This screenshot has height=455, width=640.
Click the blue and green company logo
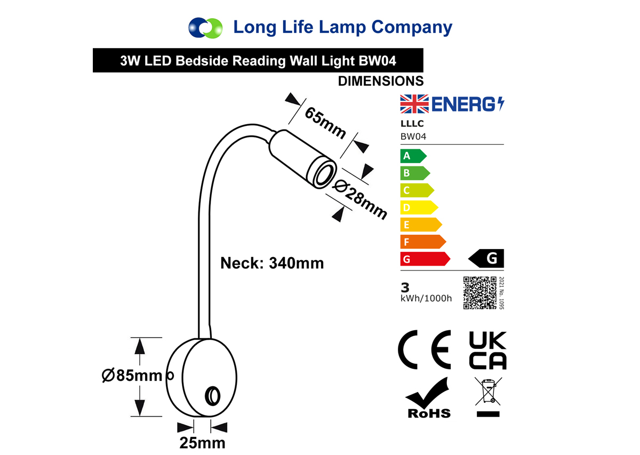click(x=205, y=28)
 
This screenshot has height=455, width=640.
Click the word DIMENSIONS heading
click(x=381, y=81)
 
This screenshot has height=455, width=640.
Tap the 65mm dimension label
click(x=325, y=123)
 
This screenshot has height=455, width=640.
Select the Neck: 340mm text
click(x=272, y=263)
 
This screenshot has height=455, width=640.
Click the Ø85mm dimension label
click(x=132, y=376)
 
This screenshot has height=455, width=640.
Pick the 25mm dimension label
click(x=202, y=443)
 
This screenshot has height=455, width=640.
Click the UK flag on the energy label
click(x=414, y=104)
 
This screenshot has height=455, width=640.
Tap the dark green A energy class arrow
click(x=413, y=156)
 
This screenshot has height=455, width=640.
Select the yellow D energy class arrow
click(x=419, y=207)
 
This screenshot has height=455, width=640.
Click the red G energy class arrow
click(x=425, y=259)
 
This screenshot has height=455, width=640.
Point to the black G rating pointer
click(x=486, y=258)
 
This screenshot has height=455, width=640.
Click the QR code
click(x=479, y=293)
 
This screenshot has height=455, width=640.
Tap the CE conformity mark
click(x=425, y=350)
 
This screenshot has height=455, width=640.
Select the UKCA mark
click(x=487, y=350)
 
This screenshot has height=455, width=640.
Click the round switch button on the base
click(x=213, y=396)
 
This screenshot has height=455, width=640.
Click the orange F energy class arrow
click(x=423, y=242)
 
